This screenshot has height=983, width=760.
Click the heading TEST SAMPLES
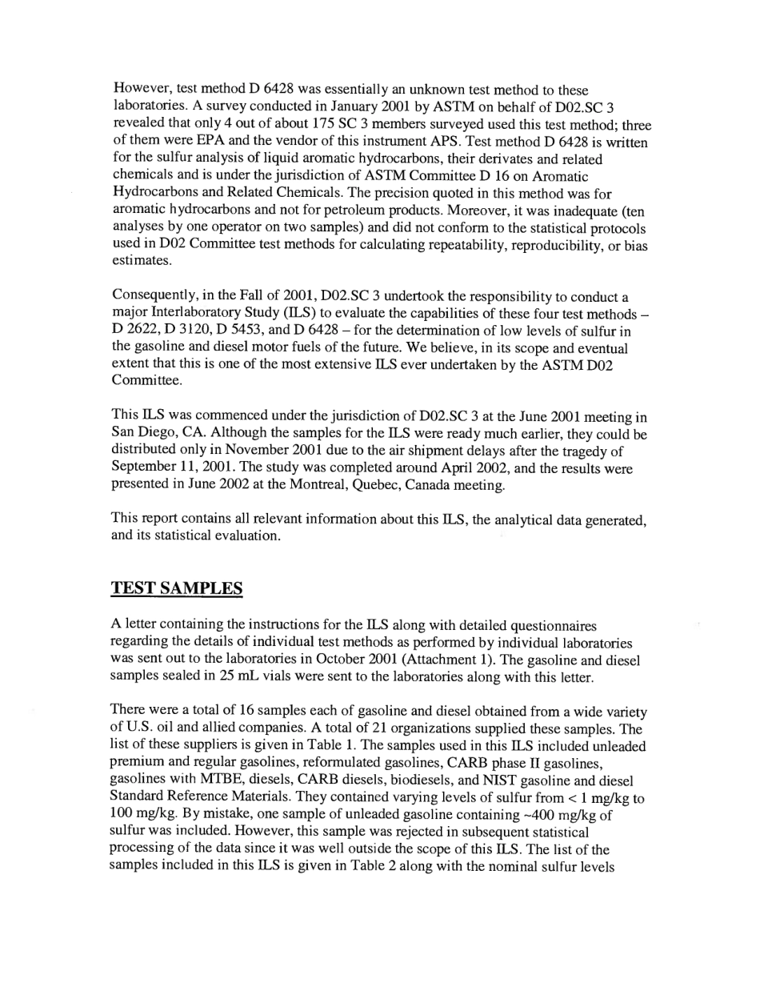(176, 588)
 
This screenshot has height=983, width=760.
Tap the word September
(142, 468)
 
